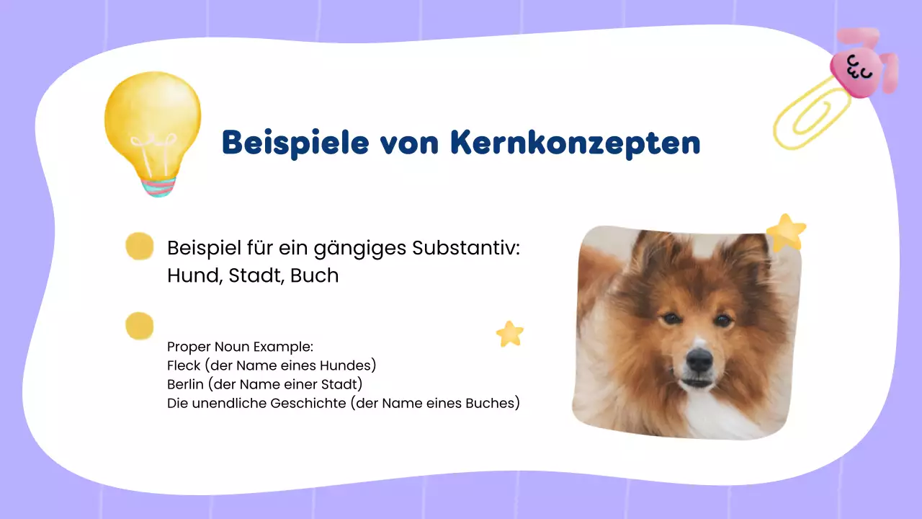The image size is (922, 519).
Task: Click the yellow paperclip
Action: click(x=810, y=115)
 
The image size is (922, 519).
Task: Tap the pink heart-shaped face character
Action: click(x=856, y=68)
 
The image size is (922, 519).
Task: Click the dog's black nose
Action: click(x=698, y=358)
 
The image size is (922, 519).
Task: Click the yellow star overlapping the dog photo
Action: click(x=786, y=232)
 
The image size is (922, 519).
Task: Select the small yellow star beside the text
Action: click(x=510, y=334)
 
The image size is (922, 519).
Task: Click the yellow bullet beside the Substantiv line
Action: click(x=140, y=247)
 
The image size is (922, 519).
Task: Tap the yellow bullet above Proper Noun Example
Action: click(x=140, y=326)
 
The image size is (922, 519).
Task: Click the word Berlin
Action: click(x=185, y=384)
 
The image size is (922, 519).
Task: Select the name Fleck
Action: click(x=183, y=365)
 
